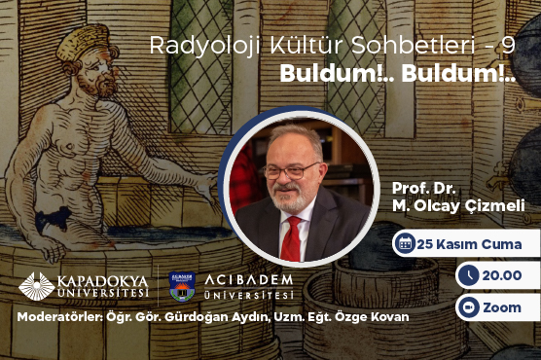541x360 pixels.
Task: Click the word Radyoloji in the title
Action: tap(190, 48)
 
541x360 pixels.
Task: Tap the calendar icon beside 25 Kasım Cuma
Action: tap(404, 243)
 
